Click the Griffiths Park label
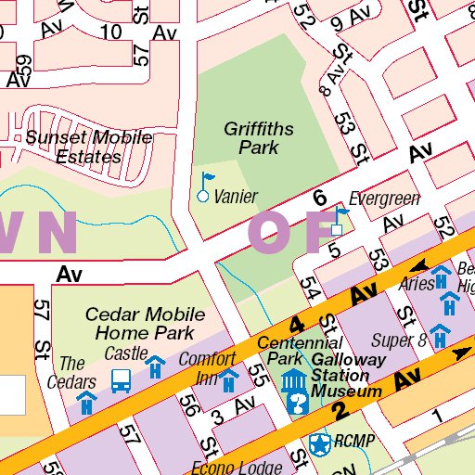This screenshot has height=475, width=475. click(x=251, y=138)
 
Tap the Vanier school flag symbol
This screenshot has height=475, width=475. click(x=205, y=186)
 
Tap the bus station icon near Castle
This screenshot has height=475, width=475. click(x=121, y=380)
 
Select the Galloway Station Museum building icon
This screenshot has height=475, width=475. click(x=294, y=380)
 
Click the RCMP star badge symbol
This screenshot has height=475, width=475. click(x=320, y=444)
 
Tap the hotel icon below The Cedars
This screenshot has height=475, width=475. click(x=86, y=402)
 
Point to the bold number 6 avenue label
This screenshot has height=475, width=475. click(x=320, y=198)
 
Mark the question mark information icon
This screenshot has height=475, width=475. click(x=300, y=403)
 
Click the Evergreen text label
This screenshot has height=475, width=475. click(x=384, y=199)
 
